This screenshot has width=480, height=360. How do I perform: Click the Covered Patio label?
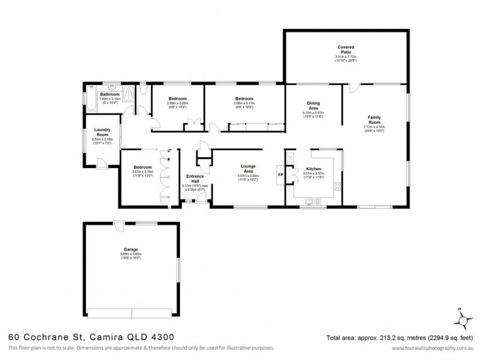tap(346, 49)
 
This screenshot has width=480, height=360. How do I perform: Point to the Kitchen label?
tap(315, 169)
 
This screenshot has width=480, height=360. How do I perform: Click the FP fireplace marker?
tap(280, 175)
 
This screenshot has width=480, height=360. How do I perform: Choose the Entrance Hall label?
tap(195, 178)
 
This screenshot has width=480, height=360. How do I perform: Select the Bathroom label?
tap(110, 94)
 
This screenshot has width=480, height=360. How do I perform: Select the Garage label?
tap(131, 248)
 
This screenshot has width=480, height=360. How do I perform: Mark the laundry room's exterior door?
tap(102, 161)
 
